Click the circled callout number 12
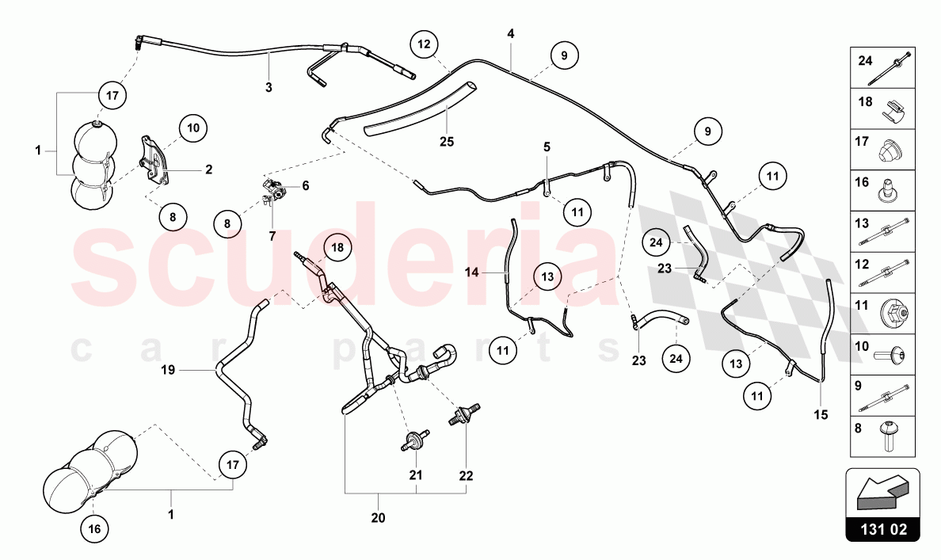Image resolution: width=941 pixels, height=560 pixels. [x=425, y=44]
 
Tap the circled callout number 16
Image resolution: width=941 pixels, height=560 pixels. [x=94, y=529]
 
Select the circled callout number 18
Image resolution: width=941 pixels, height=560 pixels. [x=338, y=247]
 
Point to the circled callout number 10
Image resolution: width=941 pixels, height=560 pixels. [x=192, y=128]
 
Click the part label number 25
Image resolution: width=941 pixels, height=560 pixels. [x=447, y=143]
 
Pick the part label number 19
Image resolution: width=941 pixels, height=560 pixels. [x=168, y=371]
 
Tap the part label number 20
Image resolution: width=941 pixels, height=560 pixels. [x=378, y=518]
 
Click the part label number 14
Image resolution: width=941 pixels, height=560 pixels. [x=472, y=272]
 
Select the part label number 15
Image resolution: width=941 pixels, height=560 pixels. [x=821, y=415]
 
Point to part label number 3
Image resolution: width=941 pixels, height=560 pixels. [x=269, y=88]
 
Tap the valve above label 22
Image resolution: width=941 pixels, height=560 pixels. [x=464, y=414]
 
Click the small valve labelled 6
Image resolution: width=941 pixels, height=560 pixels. [x=273, y=189]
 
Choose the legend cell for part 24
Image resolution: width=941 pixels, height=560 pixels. [x=883, y=68]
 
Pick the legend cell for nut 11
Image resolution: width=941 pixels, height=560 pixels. [x=883, y=314]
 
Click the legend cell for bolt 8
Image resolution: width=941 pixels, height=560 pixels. [x=883, y=436]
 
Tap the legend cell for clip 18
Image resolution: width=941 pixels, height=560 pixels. [x=883, y=109]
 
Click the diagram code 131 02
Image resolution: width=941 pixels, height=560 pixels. [x=883, y=529]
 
